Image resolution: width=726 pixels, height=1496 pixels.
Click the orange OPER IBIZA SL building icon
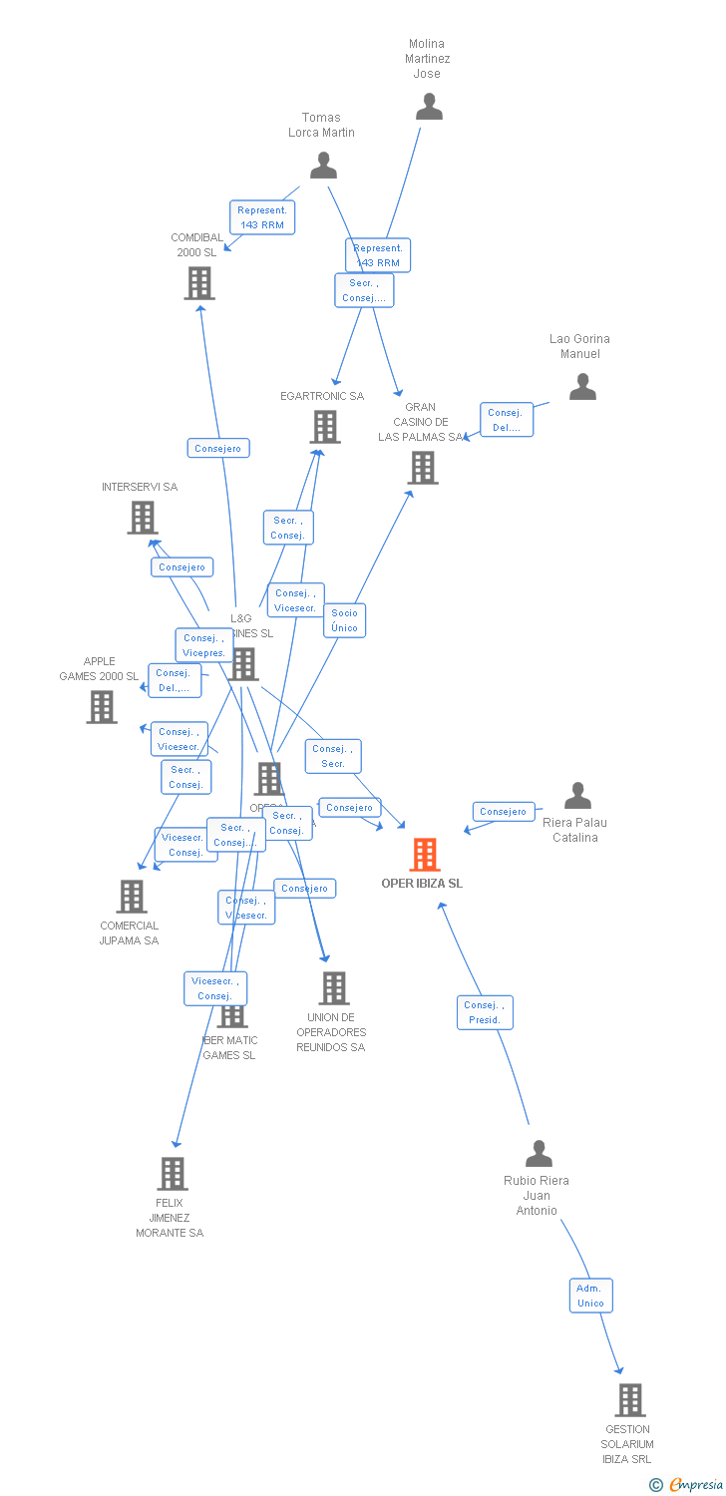425,855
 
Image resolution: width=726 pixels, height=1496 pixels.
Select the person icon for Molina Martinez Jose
429,107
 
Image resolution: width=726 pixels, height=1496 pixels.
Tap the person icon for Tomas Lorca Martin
323,166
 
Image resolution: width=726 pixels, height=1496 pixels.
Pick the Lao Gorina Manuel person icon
582,387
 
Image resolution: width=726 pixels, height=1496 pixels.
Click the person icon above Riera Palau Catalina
577,796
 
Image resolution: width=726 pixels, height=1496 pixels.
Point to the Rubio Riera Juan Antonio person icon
539,1154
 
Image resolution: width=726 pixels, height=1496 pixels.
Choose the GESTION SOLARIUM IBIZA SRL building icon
629,1400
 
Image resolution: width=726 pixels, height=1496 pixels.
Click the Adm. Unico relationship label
590,1296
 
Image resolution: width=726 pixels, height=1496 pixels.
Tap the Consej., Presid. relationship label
485,1012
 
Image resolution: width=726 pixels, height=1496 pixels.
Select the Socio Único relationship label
344,620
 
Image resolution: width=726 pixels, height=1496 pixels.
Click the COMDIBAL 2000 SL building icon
199,283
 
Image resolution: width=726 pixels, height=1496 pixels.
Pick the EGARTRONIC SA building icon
324,427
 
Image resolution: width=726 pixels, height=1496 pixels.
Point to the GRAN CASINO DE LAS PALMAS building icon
423,467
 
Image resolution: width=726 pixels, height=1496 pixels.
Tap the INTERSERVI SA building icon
143,518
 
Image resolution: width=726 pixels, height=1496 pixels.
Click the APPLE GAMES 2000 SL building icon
102,707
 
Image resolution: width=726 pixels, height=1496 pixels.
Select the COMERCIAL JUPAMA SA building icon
132,897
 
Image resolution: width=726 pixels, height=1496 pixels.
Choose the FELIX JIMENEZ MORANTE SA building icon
173,1174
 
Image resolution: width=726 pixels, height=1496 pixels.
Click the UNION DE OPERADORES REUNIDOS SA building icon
333,988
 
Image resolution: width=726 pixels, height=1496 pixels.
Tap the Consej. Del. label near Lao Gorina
506,420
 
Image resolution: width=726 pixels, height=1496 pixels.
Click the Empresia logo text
695,1485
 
